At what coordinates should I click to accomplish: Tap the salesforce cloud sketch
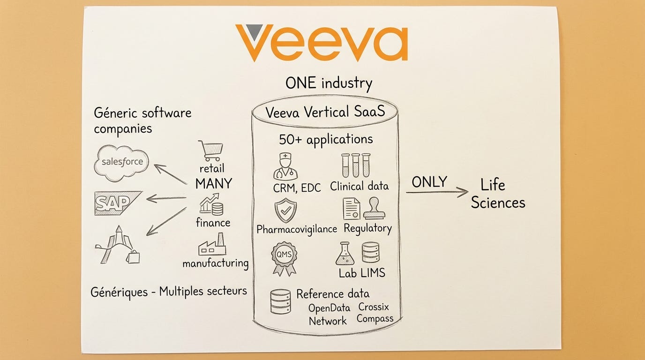point(121,163)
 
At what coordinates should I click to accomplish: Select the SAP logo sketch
point(116,202)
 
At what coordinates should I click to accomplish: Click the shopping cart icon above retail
point(210,150)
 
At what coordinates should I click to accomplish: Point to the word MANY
point(213,183)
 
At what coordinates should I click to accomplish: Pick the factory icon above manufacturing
point(212,246)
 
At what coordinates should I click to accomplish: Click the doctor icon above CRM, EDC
point(285,166)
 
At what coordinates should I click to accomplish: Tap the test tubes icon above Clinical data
point(356,165)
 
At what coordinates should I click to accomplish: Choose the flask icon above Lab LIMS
point(345,254)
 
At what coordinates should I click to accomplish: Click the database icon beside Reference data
point(280,301)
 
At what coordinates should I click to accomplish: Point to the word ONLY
point(429,182)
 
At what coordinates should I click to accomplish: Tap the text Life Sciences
point(498,193)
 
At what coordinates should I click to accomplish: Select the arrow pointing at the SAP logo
point(166,198)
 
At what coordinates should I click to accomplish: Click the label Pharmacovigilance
point(297,229)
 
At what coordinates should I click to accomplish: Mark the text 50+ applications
point(326,139)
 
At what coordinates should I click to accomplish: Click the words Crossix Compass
point(375,313)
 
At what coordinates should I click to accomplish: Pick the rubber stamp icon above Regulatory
point(374,208)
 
